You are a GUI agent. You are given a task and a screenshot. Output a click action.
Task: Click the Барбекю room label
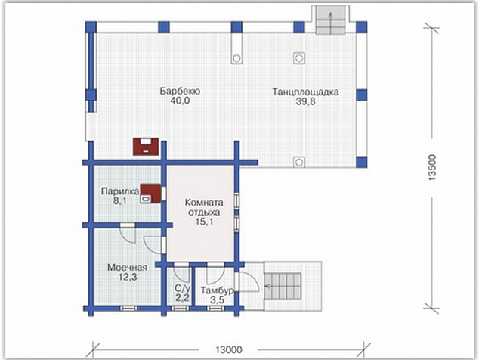pos(181,92)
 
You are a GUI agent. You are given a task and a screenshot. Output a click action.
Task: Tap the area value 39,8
pos(305,101)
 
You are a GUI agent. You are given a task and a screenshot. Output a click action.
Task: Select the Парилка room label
pos(120,191)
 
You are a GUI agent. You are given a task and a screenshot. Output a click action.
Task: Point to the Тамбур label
pos(218,290)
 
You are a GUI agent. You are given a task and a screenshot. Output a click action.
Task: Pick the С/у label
pos(183,288)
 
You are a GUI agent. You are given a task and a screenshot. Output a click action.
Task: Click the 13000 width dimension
pos(229,349)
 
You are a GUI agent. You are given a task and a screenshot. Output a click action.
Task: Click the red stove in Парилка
pos(150,194)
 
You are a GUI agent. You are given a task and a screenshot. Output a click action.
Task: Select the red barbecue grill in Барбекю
pos(146,147)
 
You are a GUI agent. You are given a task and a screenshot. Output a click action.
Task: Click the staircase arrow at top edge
pos(330,23)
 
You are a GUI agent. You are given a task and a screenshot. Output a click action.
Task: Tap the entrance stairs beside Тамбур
pos(283,287)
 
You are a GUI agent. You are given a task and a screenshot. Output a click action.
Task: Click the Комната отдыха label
pos(204,207)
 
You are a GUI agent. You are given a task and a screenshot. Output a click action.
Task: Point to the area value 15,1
pos(205,222)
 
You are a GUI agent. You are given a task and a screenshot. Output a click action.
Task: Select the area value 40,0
pos(180,101)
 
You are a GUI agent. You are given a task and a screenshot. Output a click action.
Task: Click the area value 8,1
pos(120,201)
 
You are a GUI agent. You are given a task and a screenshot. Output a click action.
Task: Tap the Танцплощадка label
pos(306,92)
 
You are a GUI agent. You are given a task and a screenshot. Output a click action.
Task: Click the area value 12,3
pos(128,277)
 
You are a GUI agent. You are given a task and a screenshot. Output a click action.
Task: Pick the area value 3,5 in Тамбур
pos(217,300)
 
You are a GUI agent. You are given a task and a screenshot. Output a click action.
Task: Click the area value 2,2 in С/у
pos(183,297)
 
